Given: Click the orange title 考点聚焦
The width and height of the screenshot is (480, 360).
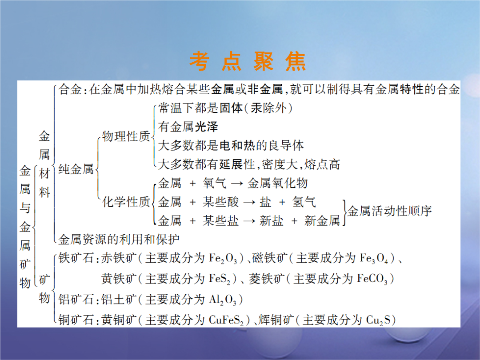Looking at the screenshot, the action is pyautogui.click(x=248, y=61).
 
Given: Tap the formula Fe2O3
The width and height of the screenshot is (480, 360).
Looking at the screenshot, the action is pyautogui.click(x=223, y=259).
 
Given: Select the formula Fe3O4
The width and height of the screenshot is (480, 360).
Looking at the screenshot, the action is pyautogui.click(x=374, y=259).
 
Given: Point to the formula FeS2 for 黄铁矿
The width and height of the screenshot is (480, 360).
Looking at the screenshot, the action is pyautogui.click(x=220, y=279).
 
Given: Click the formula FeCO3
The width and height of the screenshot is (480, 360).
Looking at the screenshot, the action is pyautogui.click(x=372, y=279).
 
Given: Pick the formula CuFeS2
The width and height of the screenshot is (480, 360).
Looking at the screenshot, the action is pyautogui.click(x=226, y=320).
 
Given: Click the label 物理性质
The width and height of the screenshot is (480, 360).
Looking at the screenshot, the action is pyautogui.click(x=126, y=136).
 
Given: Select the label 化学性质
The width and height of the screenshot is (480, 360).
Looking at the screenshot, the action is pyautogui.click(x=126, y=202).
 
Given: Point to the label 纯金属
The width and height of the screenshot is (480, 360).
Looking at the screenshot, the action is pyautogui.click(x=76, y=169).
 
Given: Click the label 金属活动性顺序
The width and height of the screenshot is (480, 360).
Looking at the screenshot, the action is pyautogui.click(x=389, y=211).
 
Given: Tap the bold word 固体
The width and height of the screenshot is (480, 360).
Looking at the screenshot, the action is pyautogui.click(x=231, y=108).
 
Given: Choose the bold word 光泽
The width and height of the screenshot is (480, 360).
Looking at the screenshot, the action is pyautogui.click(x=206, y=127).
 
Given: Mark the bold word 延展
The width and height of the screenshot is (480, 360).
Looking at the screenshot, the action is pyautogui.click(x=231, y=164).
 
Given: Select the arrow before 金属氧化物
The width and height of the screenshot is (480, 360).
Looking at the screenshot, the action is pyautogui.click(x=237, y=184).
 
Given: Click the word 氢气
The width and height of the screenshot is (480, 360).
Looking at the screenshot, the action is pyautogui.click(x=304, y=202).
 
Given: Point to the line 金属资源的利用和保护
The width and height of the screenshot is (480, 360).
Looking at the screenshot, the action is pyautogui.click(x=119, y=240).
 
